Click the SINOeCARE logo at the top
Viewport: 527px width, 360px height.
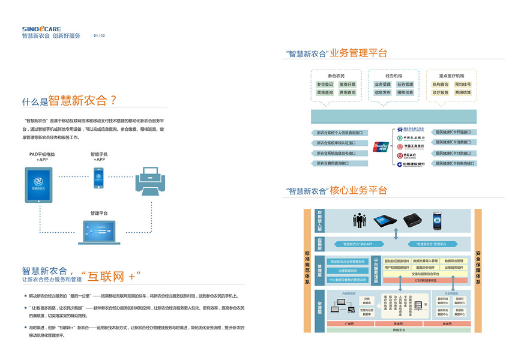tap(42, 28)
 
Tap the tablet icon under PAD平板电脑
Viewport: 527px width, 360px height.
tap(39, 185)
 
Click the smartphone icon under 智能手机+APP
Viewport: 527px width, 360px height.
tap(98, 178)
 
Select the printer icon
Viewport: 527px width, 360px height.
tap(154, 180)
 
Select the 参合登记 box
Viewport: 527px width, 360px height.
tap(325, 85)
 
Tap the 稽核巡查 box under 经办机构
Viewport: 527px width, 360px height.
tap(405, 93)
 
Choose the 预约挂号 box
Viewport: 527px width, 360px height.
tap(463, 85)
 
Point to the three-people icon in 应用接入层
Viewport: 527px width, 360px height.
tap(360, 220)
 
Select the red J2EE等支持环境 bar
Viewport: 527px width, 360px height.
tap(427, 280)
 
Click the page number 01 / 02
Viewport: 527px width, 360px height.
tap(99, 36)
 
